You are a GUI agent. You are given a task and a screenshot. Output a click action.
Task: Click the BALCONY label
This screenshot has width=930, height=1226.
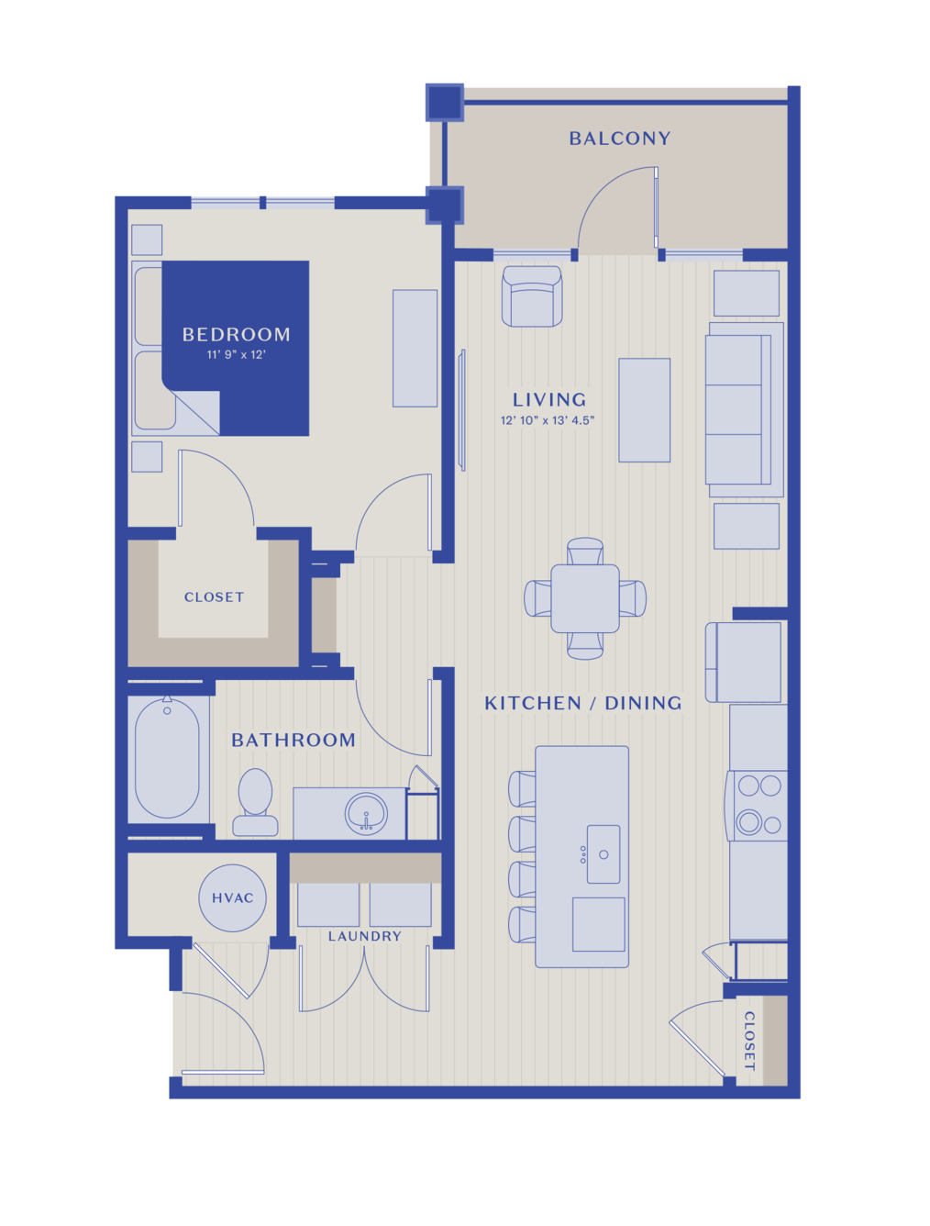click(619, 139)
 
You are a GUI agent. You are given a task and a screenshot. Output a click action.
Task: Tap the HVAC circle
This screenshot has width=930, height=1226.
click(232, 897)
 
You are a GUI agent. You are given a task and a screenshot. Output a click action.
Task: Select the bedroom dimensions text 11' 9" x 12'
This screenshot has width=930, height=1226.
click(236, 354)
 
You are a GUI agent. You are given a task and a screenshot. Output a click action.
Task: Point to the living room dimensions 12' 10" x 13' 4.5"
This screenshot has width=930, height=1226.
click(547, 420)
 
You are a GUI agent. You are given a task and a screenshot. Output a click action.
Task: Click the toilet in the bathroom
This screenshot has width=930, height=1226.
click(255, 802)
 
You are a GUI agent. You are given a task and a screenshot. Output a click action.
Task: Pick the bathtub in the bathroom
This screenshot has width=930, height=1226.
click(167, 759)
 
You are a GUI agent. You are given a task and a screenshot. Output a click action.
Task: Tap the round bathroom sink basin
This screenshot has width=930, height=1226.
click(366, 814)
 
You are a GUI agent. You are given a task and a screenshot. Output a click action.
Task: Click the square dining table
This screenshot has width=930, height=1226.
click(584, 598)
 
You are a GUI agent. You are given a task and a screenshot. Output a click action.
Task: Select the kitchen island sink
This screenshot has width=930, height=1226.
click(603, 854)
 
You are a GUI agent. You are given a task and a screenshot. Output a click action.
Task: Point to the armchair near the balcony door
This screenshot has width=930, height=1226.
click(531, 296)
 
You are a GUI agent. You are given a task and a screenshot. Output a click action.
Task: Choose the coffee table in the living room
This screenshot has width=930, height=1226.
click(644, 410)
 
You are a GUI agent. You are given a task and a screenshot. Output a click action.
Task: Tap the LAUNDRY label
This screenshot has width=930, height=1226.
click(364, 936)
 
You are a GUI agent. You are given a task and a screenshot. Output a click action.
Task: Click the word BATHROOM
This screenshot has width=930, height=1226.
click(293, 740)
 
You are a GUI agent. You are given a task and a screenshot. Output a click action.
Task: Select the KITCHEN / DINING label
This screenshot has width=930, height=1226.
click(582, 703)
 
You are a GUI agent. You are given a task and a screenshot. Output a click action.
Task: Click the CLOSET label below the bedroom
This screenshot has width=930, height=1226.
click(214, 597)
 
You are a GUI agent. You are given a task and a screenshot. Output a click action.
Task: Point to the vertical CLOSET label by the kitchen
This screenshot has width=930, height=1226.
click(749, 1041)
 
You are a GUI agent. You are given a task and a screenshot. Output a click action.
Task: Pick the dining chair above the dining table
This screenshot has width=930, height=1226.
click(584, 551)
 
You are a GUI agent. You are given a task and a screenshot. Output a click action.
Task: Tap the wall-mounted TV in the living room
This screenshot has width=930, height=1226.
click(461, 410)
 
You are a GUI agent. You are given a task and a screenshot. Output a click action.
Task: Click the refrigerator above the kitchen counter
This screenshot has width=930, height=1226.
click(745, 662)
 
